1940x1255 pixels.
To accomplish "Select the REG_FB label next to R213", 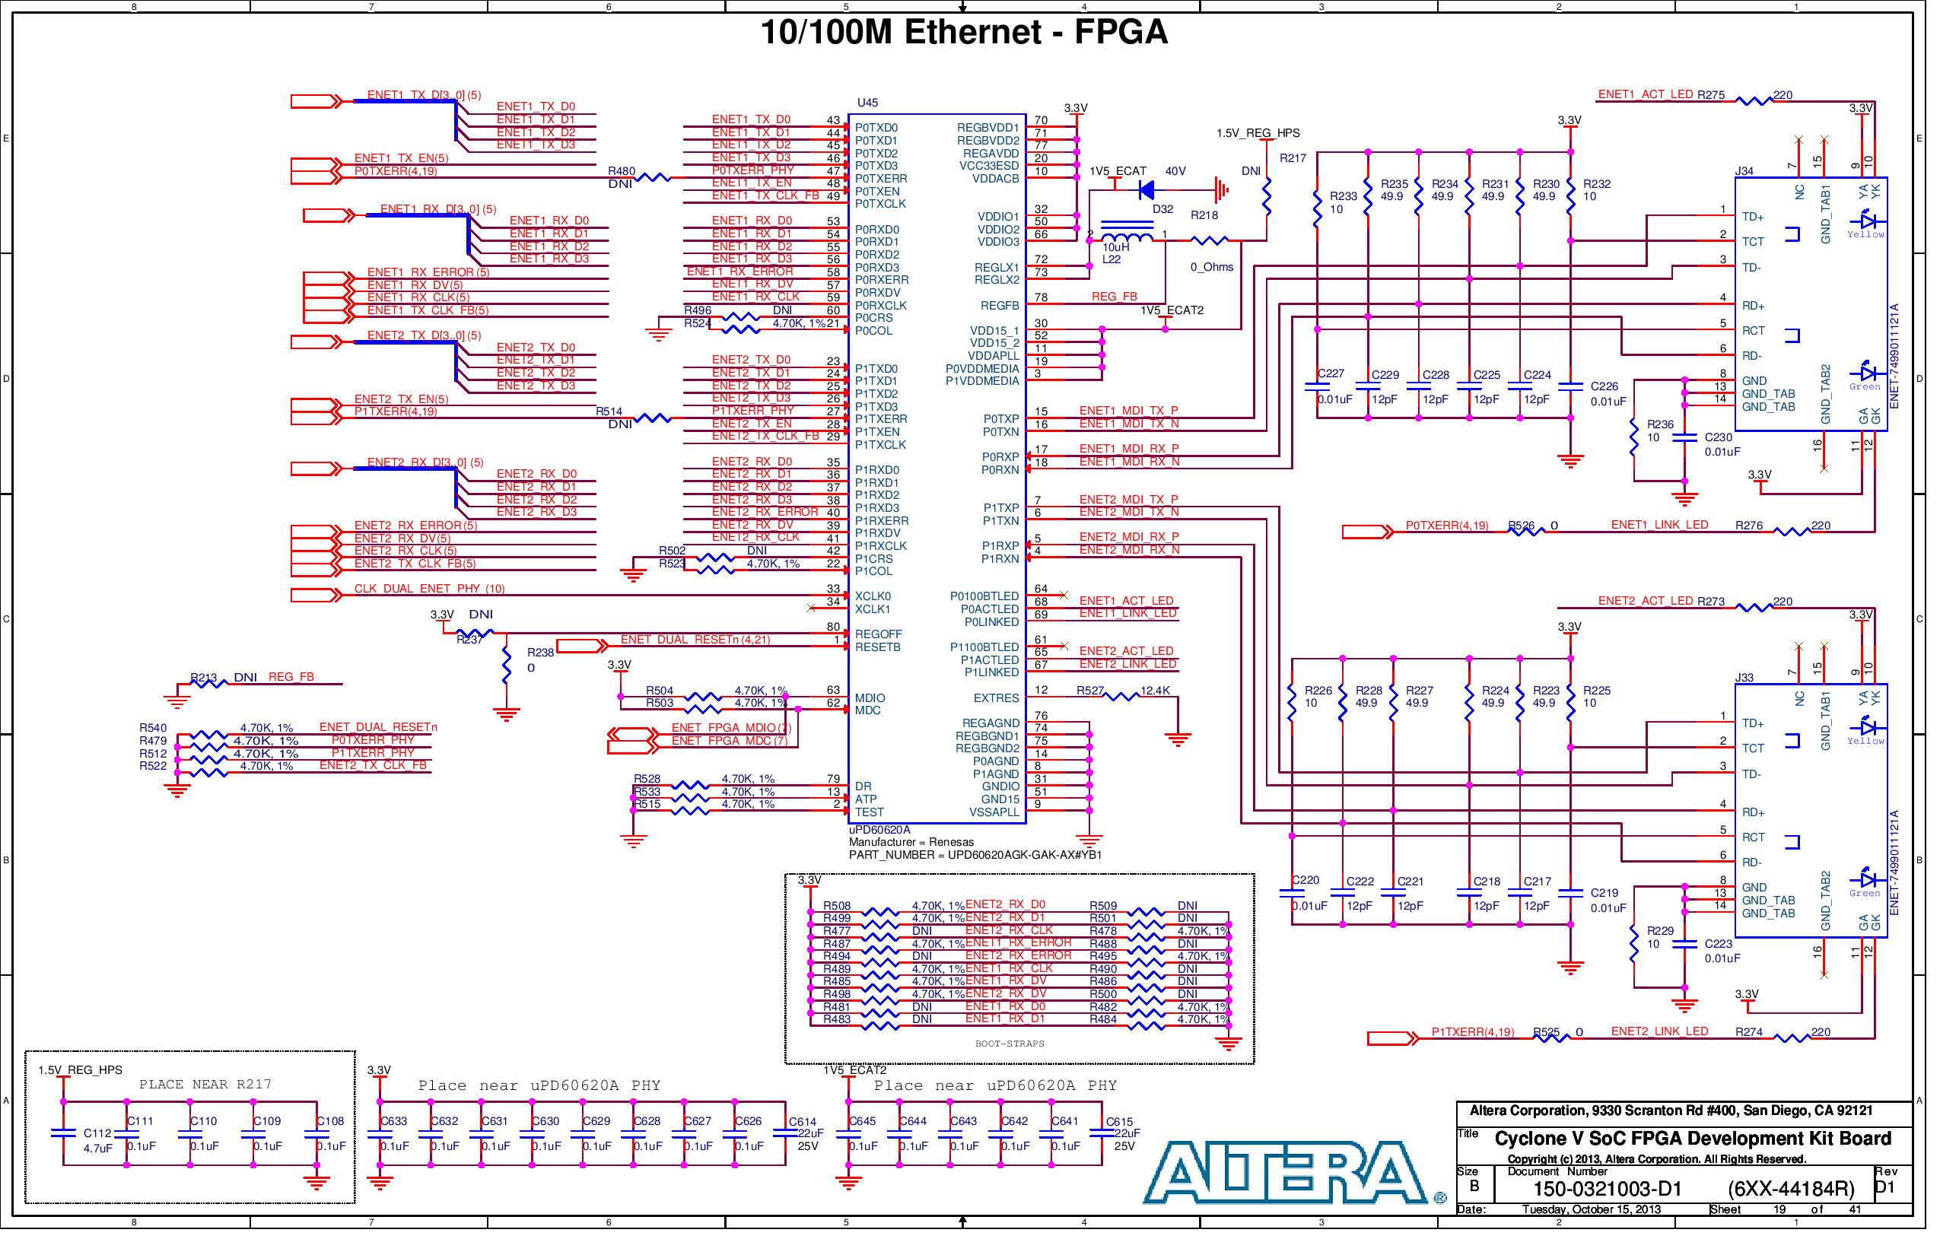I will [293, 682].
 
